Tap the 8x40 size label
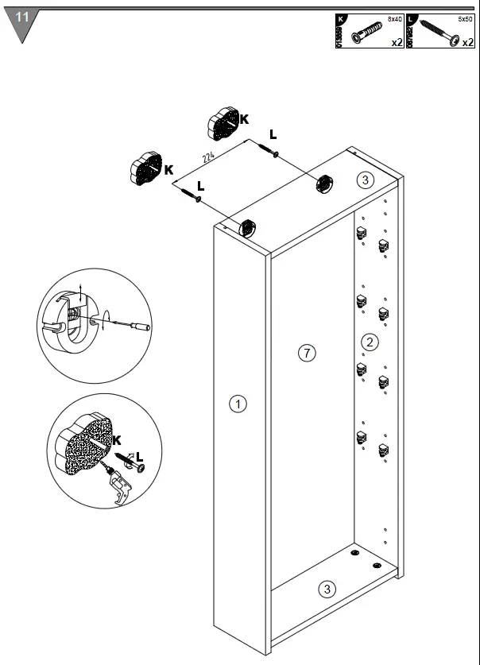point(394,17)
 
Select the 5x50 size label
point(464,17)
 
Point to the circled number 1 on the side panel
point(237,404)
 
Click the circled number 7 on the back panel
point(308,352)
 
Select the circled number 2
point(369,342)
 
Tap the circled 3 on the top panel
point(364,180)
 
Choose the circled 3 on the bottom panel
point(327,589)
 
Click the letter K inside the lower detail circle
point(117,439)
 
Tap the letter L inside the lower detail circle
point(140,456)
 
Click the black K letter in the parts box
point(341,18)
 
